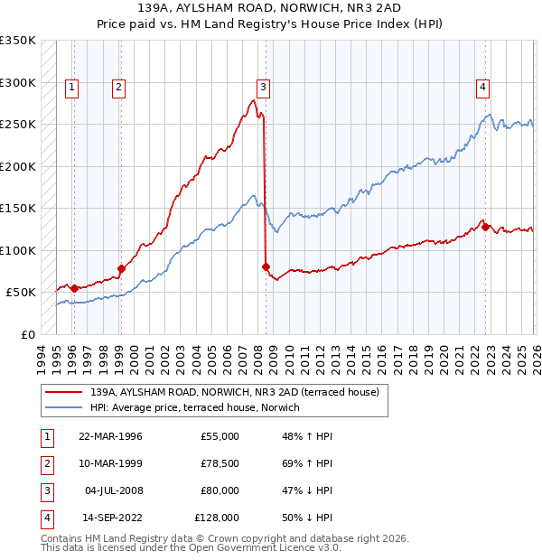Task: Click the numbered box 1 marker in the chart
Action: (71, 88)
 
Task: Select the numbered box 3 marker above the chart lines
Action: (263, 88)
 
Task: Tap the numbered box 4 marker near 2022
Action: (483, 88)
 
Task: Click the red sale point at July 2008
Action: (266, 266)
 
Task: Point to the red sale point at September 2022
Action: (485, 227)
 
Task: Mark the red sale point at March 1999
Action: (121, 268)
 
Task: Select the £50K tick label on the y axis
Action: (21, 293)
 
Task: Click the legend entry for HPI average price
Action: (194, 407)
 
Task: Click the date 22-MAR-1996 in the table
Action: (110, 436)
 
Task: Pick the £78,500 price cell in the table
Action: (217, 463)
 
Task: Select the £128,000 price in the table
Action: (217, 518)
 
